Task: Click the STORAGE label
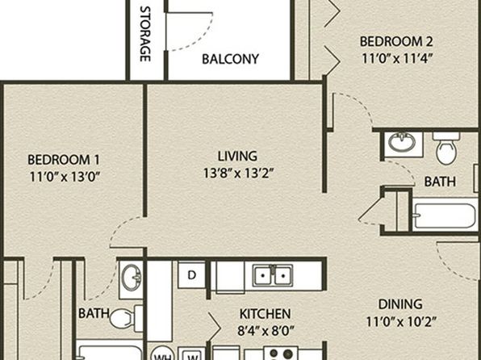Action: coord(145,34)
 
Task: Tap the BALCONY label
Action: coord(230,59)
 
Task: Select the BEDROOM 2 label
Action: coord(396,41)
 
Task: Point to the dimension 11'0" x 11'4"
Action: coord(397,58)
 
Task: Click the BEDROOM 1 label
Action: coord(64,160)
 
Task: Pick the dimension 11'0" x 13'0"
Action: coord(65,177)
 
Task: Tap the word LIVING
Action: coord(237,157)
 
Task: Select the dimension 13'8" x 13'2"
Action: coord(238,174)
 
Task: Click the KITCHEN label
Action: coord(265,314)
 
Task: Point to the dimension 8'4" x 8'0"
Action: coord(266,331)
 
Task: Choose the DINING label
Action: coord(400,304)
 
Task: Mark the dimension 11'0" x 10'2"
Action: coord(401,322)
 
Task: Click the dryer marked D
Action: coord(192,274)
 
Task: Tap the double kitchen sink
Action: coord(273,275)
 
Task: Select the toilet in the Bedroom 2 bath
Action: coord(446,148)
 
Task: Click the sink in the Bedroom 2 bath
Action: coord(402,142)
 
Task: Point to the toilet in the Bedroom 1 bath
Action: coord(126,318)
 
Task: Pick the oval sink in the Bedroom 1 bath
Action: coord(132,278)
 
